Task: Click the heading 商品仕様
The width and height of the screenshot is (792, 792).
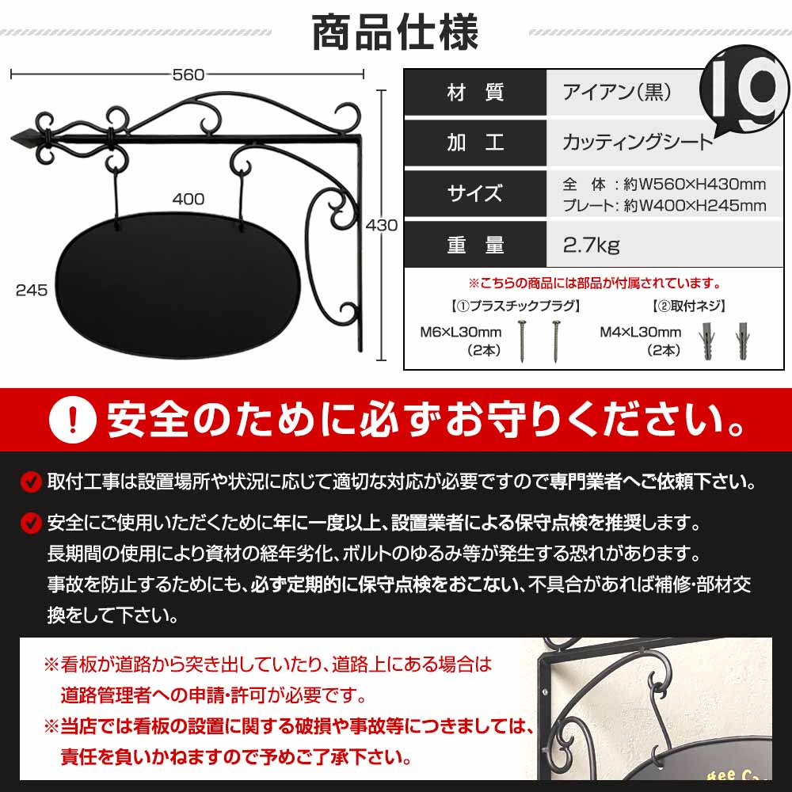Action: point(395,32)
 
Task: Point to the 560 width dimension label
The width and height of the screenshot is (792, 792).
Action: point(188,74)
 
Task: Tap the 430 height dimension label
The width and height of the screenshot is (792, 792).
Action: point(381,225)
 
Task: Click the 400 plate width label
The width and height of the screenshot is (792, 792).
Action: point(188,199)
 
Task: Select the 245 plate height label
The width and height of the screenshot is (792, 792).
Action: point(32,290)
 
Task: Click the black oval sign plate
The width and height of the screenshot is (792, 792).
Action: point(178,285)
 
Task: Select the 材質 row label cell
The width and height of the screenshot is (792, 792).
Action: point(475,93)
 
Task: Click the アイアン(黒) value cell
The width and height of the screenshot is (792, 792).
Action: point(617,93)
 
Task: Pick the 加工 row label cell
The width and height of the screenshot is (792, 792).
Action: point(475,143)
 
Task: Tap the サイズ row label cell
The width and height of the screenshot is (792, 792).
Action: point(475,193)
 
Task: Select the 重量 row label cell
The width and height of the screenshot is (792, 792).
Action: point(475,245)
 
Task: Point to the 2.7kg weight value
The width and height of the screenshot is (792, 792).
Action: point(592,245)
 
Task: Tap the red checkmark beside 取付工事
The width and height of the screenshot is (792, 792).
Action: point(30,481)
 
